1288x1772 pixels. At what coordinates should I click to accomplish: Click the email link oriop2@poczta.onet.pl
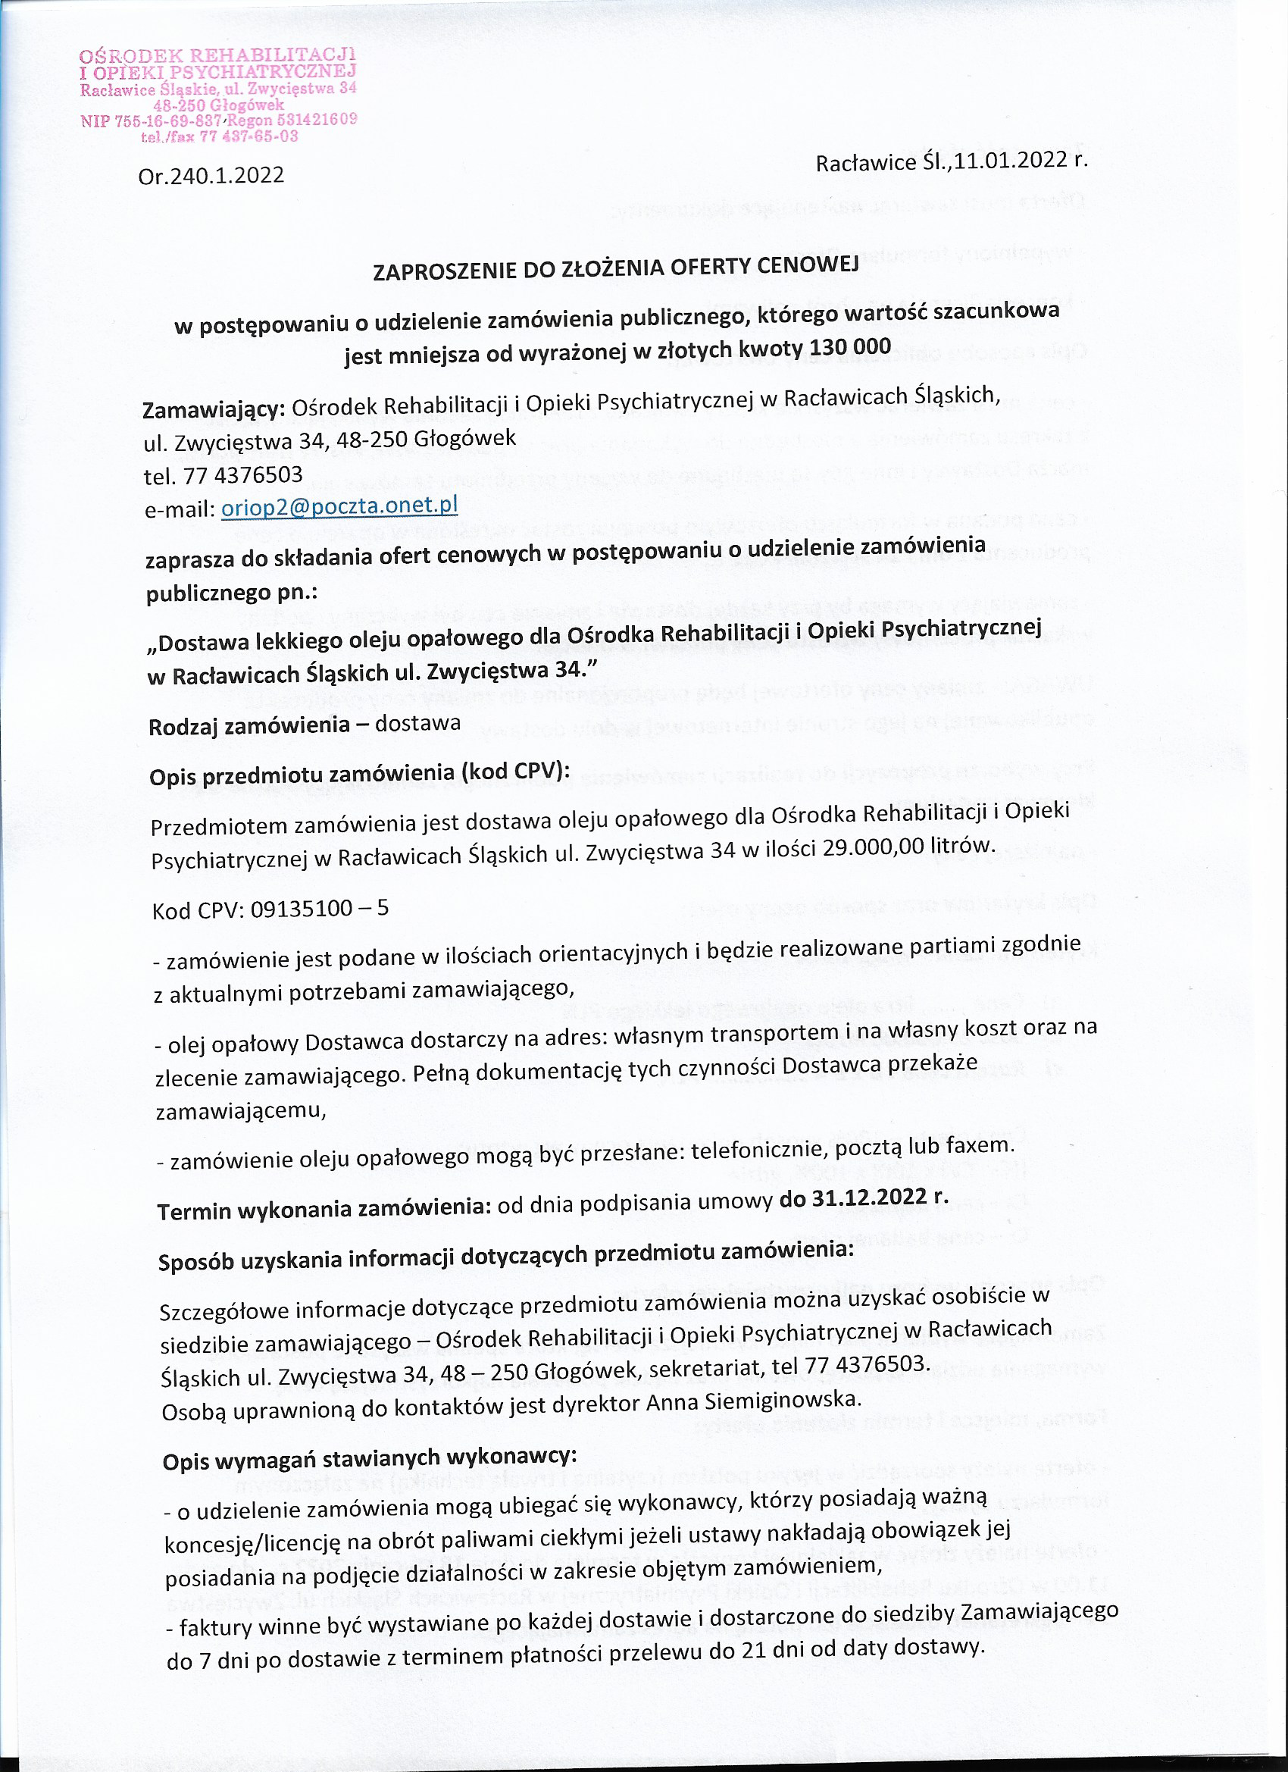click(x=339, y=507)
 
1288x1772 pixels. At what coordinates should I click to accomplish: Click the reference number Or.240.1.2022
click(x=211, y=175)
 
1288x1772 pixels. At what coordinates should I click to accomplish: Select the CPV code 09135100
click(x=297, y=909)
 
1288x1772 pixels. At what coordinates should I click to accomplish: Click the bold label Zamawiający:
click(x=213, y=409)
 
